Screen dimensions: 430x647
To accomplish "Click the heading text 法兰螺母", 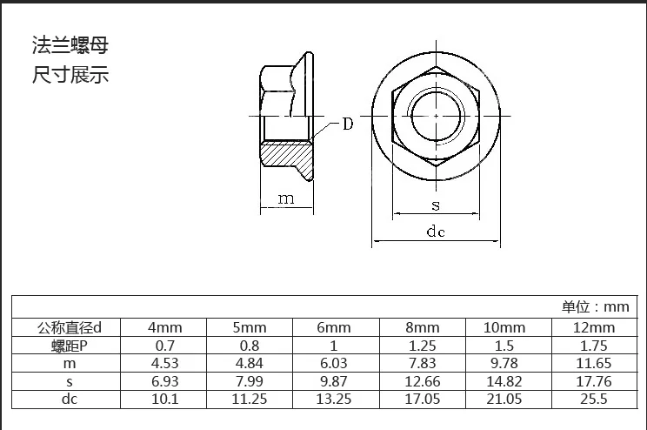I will [70, 46].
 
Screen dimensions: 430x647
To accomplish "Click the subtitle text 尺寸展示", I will [70, 75].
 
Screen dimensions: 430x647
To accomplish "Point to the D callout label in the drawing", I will [347, 124].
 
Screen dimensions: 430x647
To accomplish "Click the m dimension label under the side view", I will [286, 198].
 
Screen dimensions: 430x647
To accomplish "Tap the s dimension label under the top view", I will [436, 205].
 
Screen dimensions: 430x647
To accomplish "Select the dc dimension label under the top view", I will [436, 232].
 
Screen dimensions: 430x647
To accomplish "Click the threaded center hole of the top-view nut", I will [436, 116].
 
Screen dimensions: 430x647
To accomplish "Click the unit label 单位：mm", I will [594, 306].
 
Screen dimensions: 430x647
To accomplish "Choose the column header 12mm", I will [595, 328].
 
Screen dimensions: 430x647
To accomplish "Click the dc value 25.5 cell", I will [595, 400].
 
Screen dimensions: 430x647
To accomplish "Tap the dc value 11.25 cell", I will [249, 400].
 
